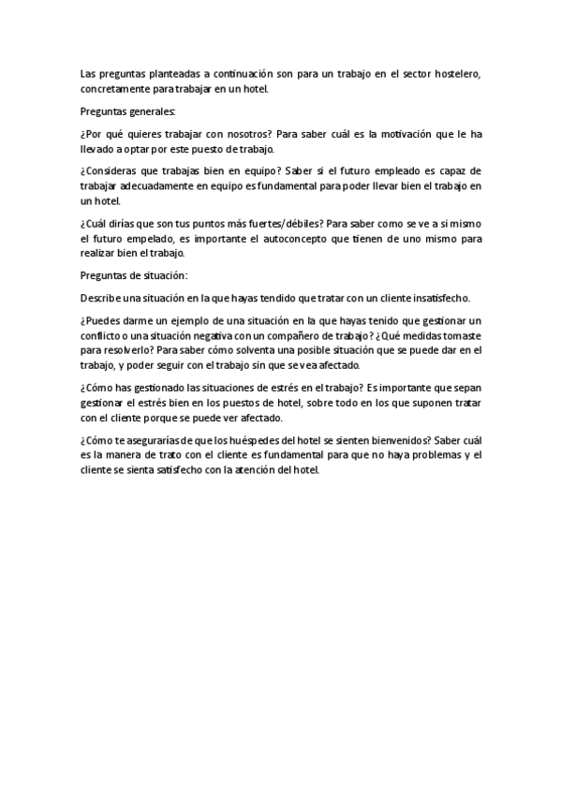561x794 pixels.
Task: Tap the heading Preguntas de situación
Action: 134,275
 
